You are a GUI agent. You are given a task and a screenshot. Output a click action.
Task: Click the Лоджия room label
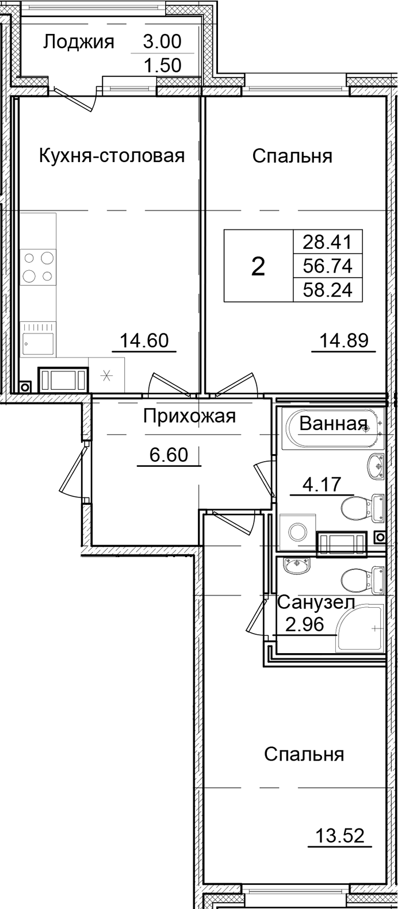click(x=79, y=42)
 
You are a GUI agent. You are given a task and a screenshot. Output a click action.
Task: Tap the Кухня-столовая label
click(x=112, y=156)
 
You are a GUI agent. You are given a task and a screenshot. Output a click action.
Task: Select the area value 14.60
click(x=144, y=341)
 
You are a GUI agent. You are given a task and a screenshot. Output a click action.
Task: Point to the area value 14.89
click(x=344, y=341)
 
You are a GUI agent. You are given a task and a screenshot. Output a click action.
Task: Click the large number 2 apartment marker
click(x=258, y=267)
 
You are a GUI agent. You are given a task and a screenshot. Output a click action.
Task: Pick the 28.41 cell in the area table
click(x=328, y=241)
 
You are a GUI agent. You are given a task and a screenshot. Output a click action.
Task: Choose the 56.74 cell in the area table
click(x=328, y=266)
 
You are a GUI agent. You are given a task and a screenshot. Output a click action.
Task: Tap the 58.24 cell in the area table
click(x=328, y=290)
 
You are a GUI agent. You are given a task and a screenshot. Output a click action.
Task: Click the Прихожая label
click(x=189, y=416)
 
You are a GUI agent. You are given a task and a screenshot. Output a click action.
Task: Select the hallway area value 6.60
click(x=169, y=455)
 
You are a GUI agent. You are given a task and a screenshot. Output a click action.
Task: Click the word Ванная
click(x=333, y=424)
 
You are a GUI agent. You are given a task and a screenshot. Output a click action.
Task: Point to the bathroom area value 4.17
click(x=322, y=485)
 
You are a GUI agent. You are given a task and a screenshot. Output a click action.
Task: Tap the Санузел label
click(x=316, y=603)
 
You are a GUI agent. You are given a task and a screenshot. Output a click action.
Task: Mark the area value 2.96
click(x=305, y=624)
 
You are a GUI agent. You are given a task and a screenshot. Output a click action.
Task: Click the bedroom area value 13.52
click(x=340, y=835)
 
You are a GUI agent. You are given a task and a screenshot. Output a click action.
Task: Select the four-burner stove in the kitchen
click(x=38, y=267)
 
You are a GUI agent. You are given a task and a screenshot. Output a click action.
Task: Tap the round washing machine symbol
click(x=297, y=532)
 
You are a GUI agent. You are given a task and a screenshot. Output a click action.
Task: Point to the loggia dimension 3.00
click(x=162, y=42)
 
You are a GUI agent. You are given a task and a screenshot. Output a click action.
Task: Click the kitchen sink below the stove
click(x=38, y=344)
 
